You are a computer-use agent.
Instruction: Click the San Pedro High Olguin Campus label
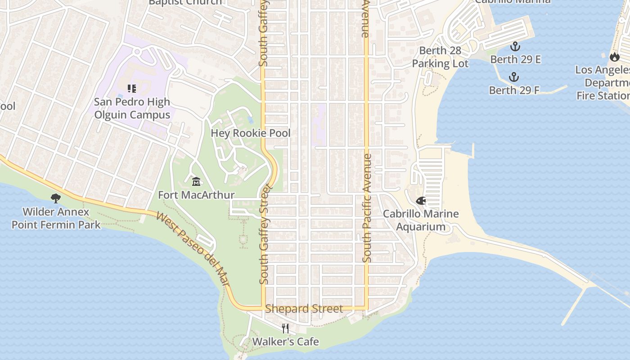click(x=132, y=108)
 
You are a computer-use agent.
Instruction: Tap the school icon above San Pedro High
click(x=131, y=89)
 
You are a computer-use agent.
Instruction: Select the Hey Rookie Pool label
click(x=251, y=133)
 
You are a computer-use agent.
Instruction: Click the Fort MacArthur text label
click(x=196, y=195)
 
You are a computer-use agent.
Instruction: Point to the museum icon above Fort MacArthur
click(x=196, y=182)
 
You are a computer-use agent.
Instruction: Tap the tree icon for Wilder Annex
click(x=56, y=198)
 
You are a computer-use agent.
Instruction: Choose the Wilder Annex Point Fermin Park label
click(x=56, y=218)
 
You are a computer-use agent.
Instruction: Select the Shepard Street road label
click(x=304, y=309)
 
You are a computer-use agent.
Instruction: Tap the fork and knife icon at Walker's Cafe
click(x=285, y=328)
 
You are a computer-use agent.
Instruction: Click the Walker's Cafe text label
click(x=285, y=342)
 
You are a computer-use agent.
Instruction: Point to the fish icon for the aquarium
click(x=421, y=201)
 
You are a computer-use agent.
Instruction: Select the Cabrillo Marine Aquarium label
click(x=421, y=220)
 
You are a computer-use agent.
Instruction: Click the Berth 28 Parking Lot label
click(x=440, y=57)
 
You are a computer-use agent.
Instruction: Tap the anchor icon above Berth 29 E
click(x=515, y=46)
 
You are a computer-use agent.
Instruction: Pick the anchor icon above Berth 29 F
click(x=514, y=77)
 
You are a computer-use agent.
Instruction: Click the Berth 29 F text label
click(x=514, y=90)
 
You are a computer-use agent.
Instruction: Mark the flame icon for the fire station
click(x=614, y=57)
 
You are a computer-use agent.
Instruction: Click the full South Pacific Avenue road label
click(x=367, y=208)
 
